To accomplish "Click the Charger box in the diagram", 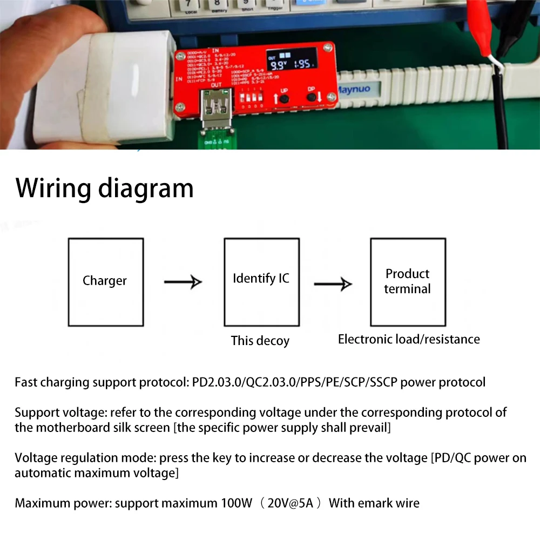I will [105, 282].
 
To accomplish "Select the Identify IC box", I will [261, 282].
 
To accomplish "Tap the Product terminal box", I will [408, 282].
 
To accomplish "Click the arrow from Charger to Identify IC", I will [183, 282].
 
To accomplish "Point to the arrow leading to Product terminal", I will [333, 284].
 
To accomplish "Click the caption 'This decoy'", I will [260, 341].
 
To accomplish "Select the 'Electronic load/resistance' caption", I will [409, 339].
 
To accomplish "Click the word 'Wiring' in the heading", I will [53, 188].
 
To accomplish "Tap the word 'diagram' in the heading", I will [146, 188].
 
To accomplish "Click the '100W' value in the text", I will [237, 503].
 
